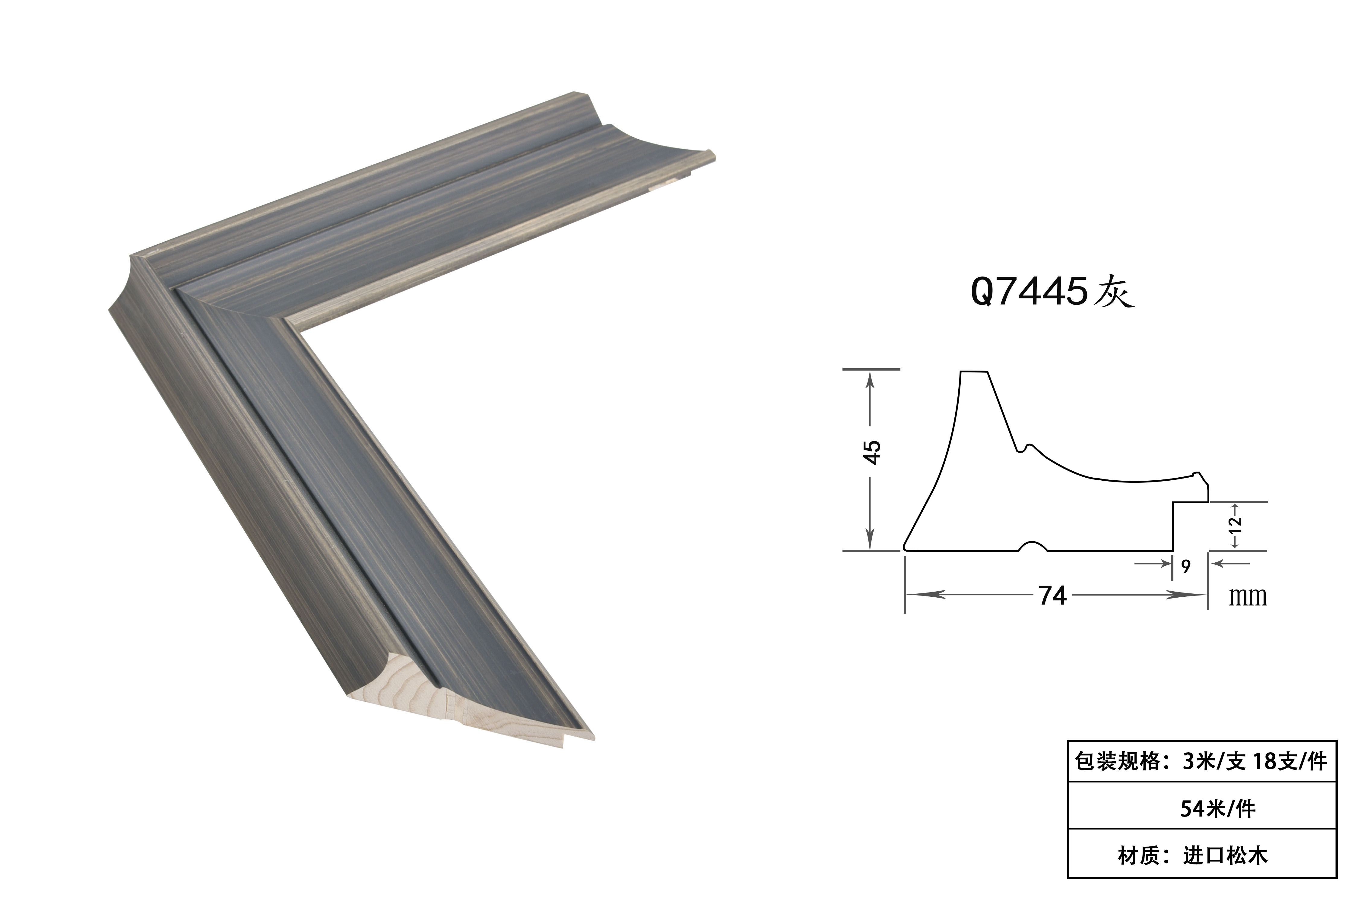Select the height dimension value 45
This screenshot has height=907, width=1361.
873,452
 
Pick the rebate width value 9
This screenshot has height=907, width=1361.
1186,566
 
